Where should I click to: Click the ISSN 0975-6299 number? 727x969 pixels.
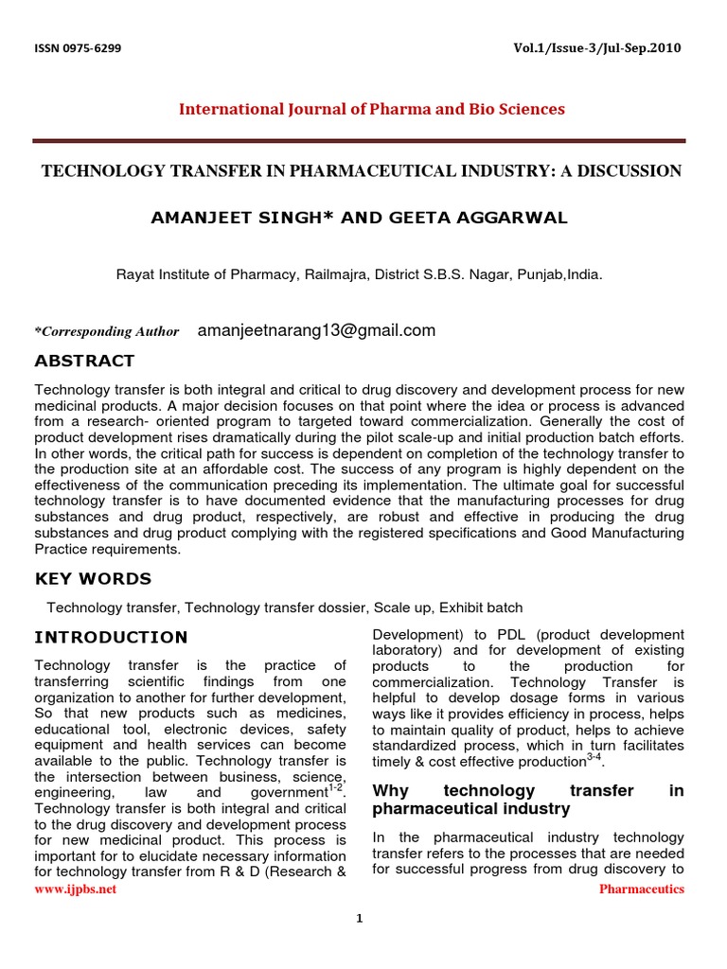78,48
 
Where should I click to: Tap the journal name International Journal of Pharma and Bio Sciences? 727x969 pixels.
372,109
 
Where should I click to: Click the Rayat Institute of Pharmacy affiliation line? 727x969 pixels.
359,275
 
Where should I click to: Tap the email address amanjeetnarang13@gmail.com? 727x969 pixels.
316,330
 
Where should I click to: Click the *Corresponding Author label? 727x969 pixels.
107,332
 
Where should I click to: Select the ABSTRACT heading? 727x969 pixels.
84,361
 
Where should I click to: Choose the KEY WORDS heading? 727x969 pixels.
93,579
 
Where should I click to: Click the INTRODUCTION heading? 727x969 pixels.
111,637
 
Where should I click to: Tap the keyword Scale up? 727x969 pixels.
403,608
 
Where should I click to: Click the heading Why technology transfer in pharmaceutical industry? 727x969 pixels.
527,800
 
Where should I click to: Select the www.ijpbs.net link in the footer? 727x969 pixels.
76,890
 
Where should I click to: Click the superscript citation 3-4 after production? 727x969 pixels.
594,758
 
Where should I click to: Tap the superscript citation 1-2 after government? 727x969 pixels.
336,788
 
